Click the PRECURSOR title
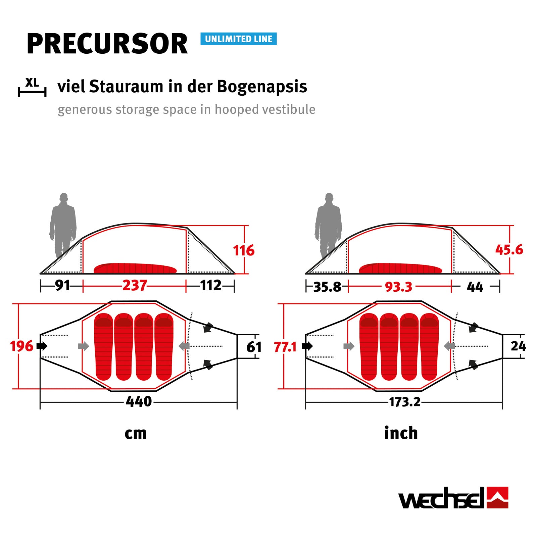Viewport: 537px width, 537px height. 107,44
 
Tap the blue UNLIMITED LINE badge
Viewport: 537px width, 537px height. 238,39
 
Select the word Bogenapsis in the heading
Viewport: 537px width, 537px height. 262,87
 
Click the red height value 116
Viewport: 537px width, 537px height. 244,250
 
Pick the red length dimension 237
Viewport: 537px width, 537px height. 134,286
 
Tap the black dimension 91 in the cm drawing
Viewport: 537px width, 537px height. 62,286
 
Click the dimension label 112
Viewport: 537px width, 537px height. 211,286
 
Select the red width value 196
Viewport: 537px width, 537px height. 21,346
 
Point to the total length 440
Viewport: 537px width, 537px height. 139,402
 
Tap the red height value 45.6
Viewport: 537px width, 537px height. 509,250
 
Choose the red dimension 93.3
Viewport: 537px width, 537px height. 398,287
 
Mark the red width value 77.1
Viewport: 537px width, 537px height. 285,347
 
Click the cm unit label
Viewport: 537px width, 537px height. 136,433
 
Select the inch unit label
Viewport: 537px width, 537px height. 401,433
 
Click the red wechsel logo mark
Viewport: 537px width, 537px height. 497,497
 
